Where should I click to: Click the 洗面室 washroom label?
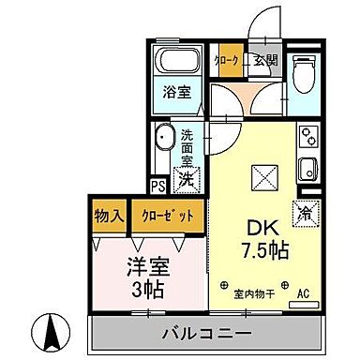pos(188,145)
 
